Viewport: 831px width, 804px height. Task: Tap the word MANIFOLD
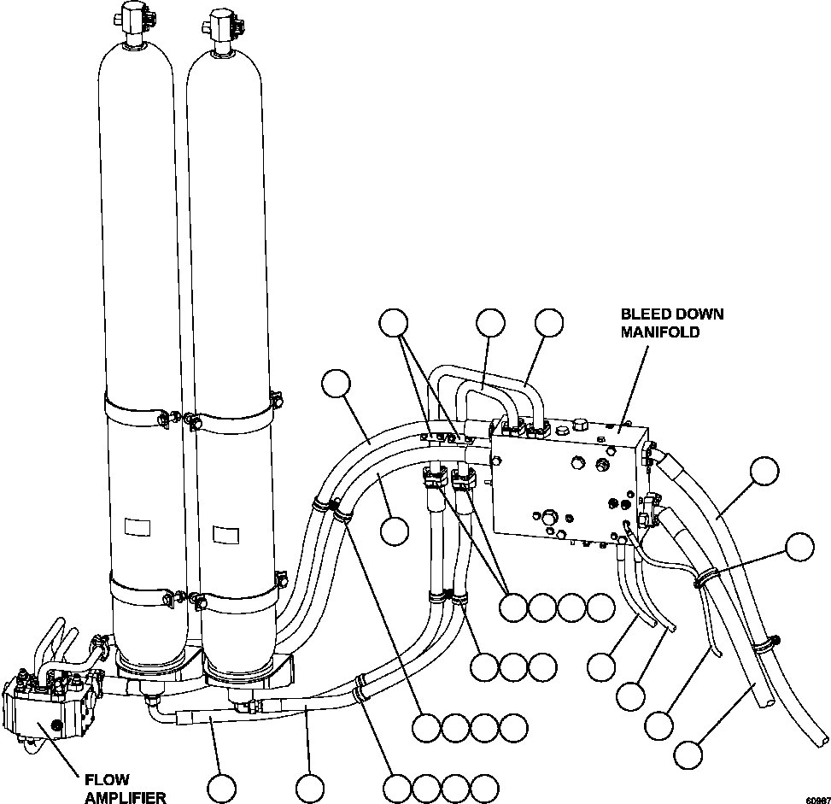(659, 332)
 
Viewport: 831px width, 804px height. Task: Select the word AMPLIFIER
(124, 796)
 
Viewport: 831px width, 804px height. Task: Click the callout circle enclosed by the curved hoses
(394, 530)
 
